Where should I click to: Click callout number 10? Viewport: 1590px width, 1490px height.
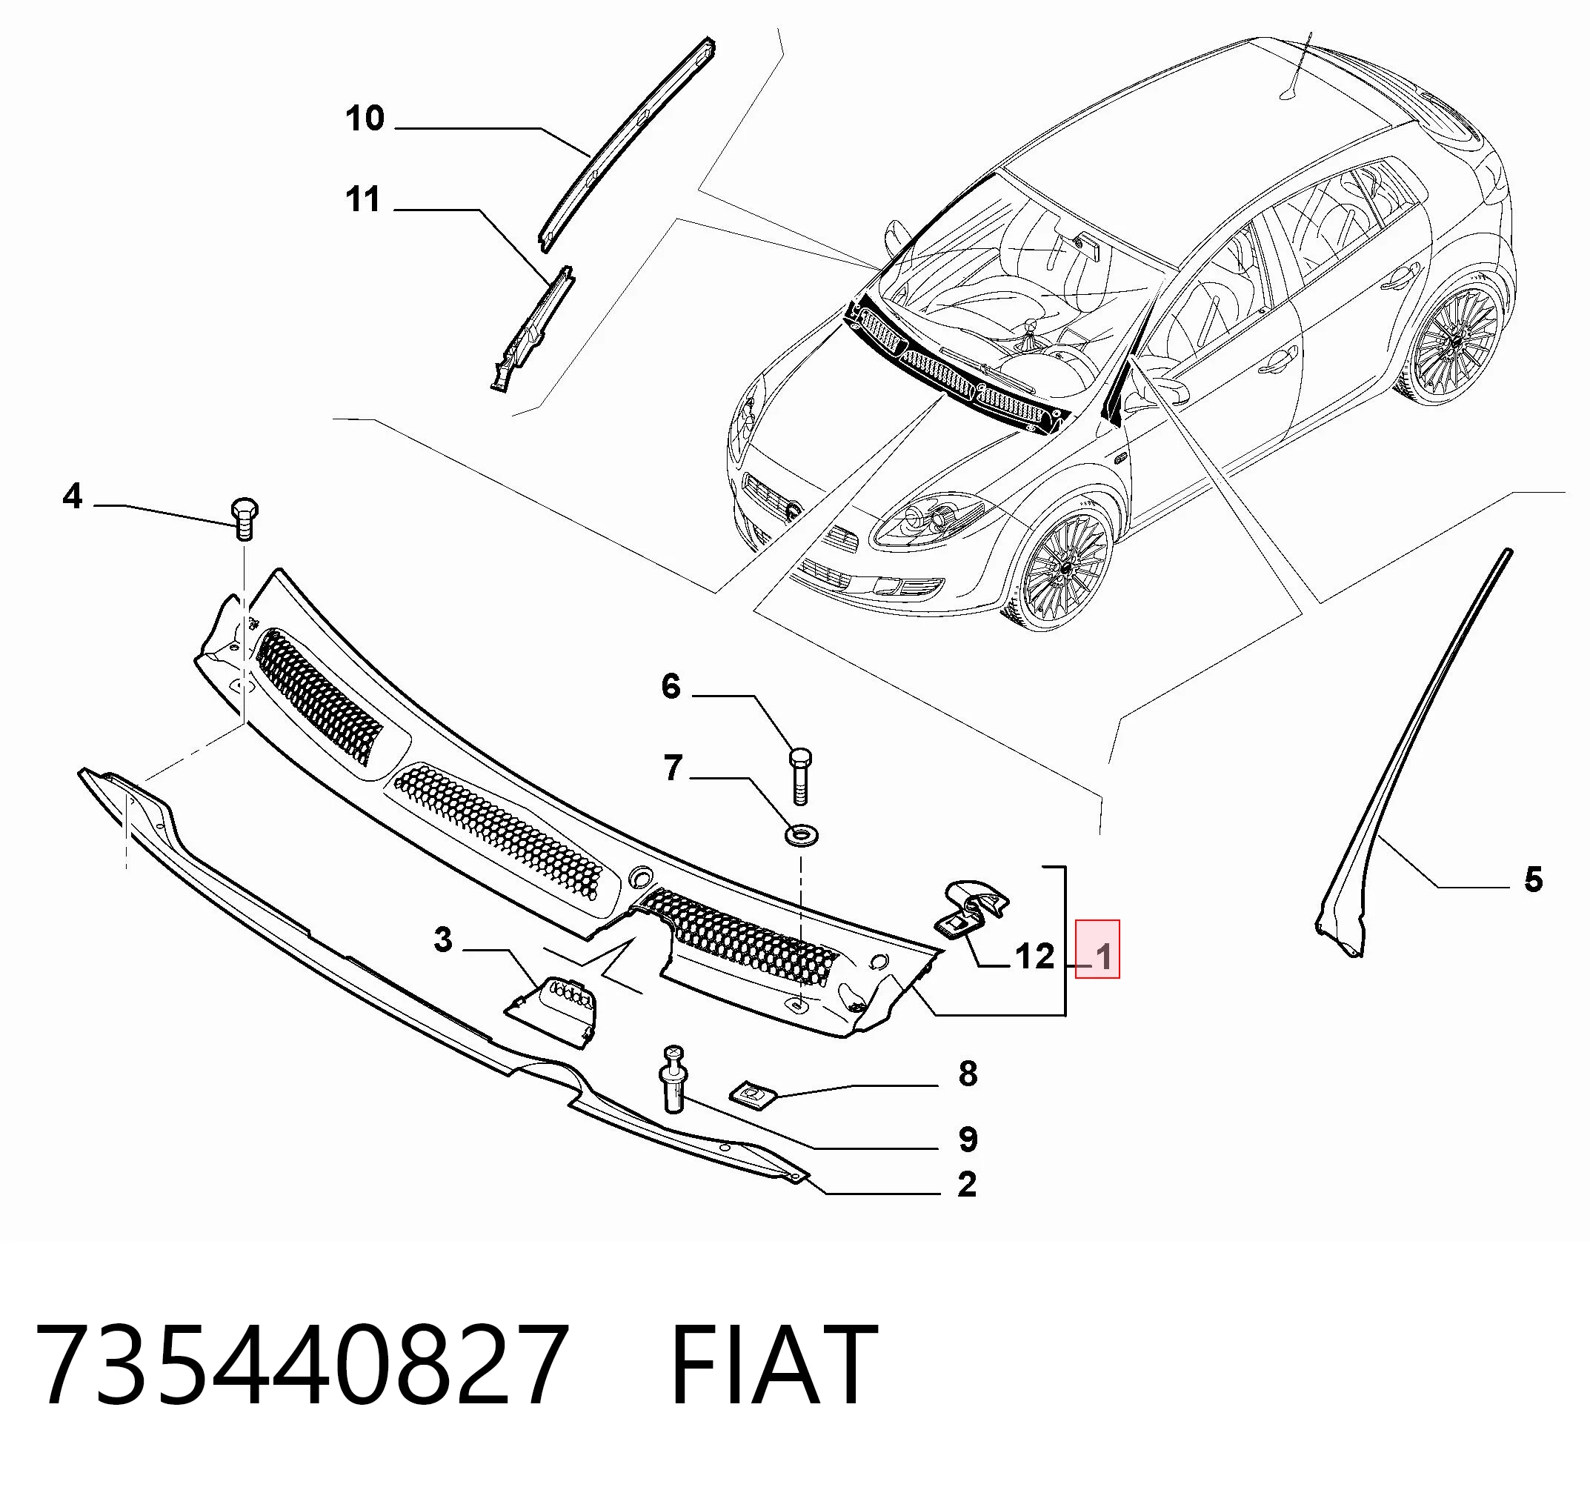[x=365, y=119]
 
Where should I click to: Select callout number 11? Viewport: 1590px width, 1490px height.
[x=363, y=200]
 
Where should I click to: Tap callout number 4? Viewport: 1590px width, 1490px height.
[x=73, y=496]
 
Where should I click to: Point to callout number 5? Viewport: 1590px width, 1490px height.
[x=1532, y=879]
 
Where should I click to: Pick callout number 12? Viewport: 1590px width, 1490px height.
[x=1035, y=957]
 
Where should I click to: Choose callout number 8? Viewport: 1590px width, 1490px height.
[x=968, y=1074]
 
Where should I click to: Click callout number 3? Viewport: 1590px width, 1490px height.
[x=443, y=939]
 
